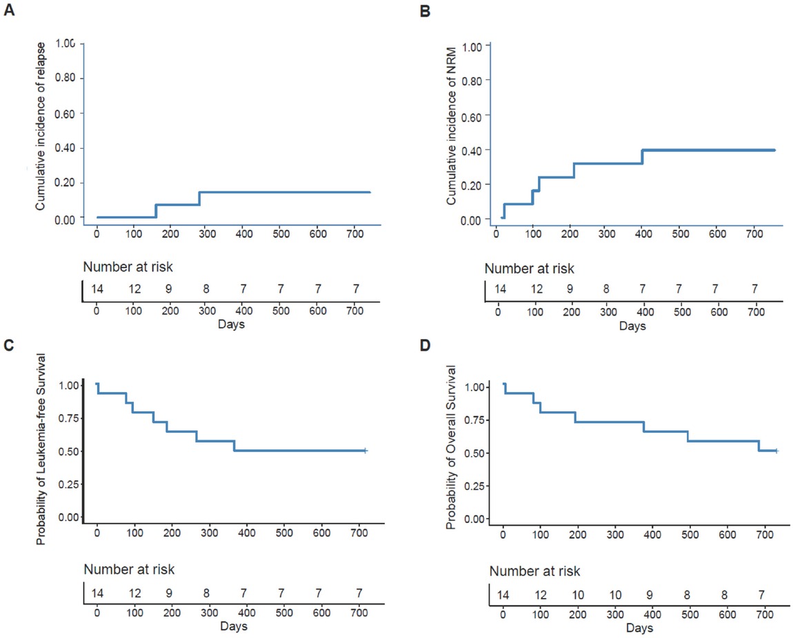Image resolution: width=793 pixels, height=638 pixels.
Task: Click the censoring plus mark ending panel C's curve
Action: pyautogui.click(x=365, y=451)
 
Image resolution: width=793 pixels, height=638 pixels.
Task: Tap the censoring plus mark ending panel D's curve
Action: pyautogui.click(x=776, y=451)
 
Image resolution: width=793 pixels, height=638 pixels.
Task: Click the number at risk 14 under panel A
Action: pyautogui.click(x=97, y=287)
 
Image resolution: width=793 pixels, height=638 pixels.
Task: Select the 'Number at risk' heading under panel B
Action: pyautogui.click(x=529, y=269)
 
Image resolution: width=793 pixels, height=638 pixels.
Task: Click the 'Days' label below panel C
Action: pyautogui.click(x=234, y=626)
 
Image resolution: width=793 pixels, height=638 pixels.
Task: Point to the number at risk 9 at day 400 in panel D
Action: pyautogui.click(x=652, y=595)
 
